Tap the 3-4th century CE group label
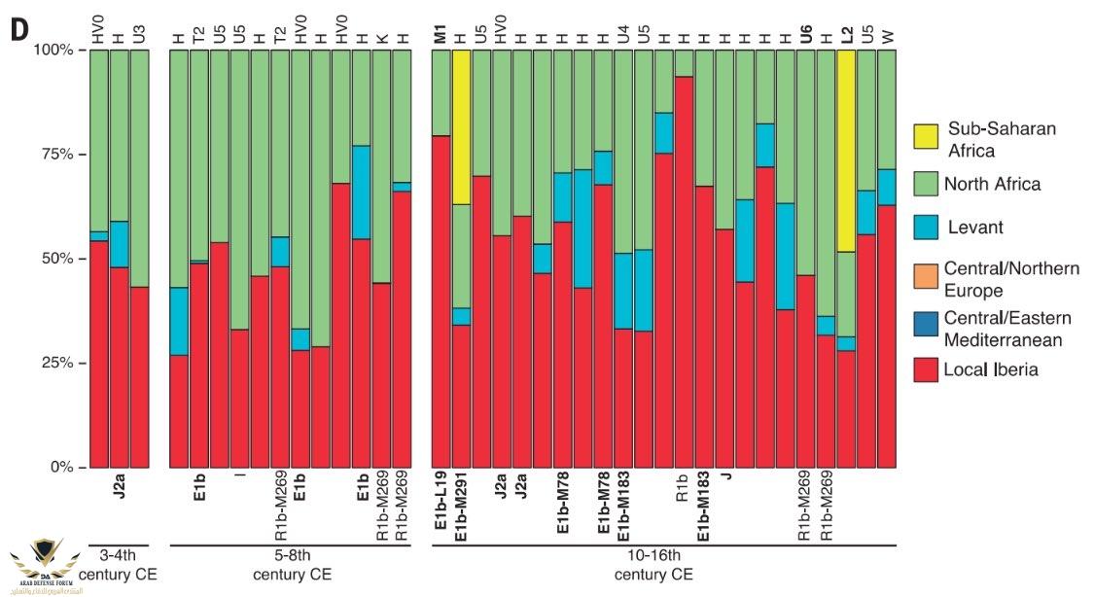tap(118, 565)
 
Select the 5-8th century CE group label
tap(292, 565)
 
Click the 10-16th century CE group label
tap(653, 565)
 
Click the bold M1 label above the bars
tap(441, 35)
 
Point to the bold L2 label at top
tap(847, 35)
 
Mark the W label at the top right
tap(887, 37)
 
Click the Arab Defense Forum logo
tap(43, 564)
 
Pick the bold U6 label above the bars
tap(806, 35)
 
